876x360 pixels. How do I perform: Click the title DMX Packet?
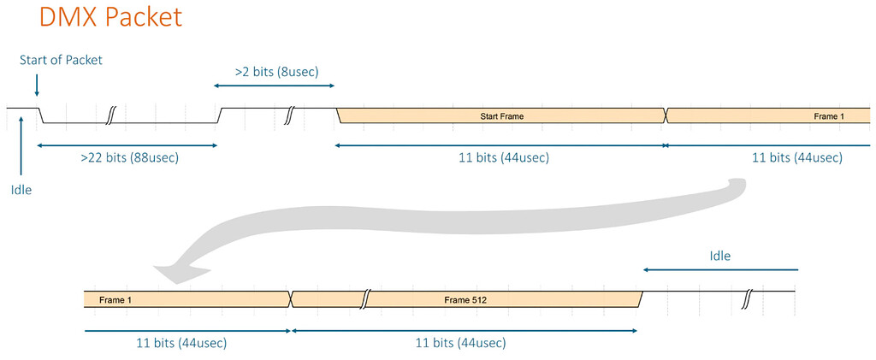coord(110,18)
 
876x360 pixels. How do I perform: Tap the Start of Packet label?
coord(61,60)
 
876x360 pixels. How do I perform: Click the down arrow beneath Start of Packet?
coord(37,85)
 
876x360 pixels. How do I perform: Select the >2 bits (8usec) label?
coord(276,72)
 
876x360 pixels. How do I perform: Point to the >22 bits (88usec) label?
coord(130,158)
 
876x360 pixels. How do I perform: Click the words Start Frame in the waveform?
coord(500,115)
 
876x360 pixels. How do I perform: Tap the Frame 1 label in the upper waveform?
coord(828,115)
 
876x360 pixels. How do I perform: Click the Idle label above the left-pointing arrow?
coord(720,256)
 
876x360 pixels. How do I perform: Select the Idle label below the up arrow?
coord(21,190)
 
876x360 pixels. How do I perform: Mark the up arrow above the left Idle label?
coord(21,145)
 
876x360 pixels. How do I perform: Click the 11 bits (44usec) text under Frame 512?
coord(460,343)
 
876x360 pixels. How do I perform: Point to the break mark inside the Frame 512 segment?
coord(365,298)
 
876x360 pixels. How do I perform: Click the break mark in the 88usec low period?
coord(110,115)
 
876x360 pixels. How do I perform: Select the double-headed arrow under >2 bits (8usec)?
coord(274,86)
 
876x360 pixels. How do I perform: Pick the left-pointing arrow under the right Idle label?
coord(720,269)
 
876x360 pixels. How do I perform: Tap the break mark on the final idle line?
coord(747,299)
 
